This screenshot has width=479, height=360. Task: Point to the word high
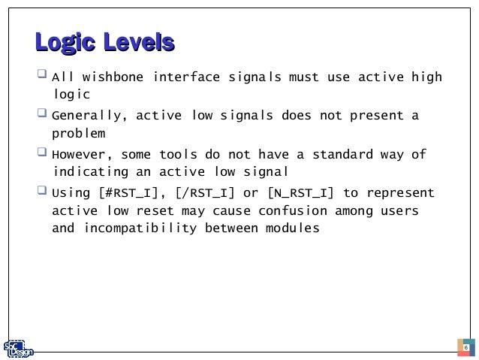coord(425,77)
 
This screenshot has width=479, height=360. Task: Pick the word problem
coord(79,135)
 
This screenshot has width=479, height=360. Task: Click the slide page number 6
coord(465,349)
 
